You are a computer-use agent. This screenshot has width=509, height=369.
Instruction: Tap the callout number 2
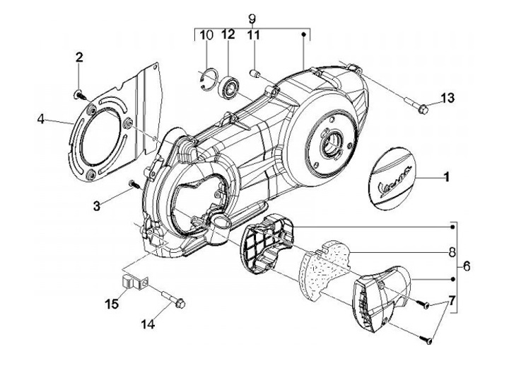(x=79, y=57)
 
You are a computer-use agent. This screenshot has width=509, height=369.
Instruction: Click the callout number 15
(x=111, y=305)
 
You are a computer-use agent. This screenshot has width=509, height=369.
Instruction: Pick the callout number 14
(x=147, y=324)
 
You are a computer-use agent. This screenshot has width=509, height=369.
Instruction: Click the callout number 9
(x=250, y=16)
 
